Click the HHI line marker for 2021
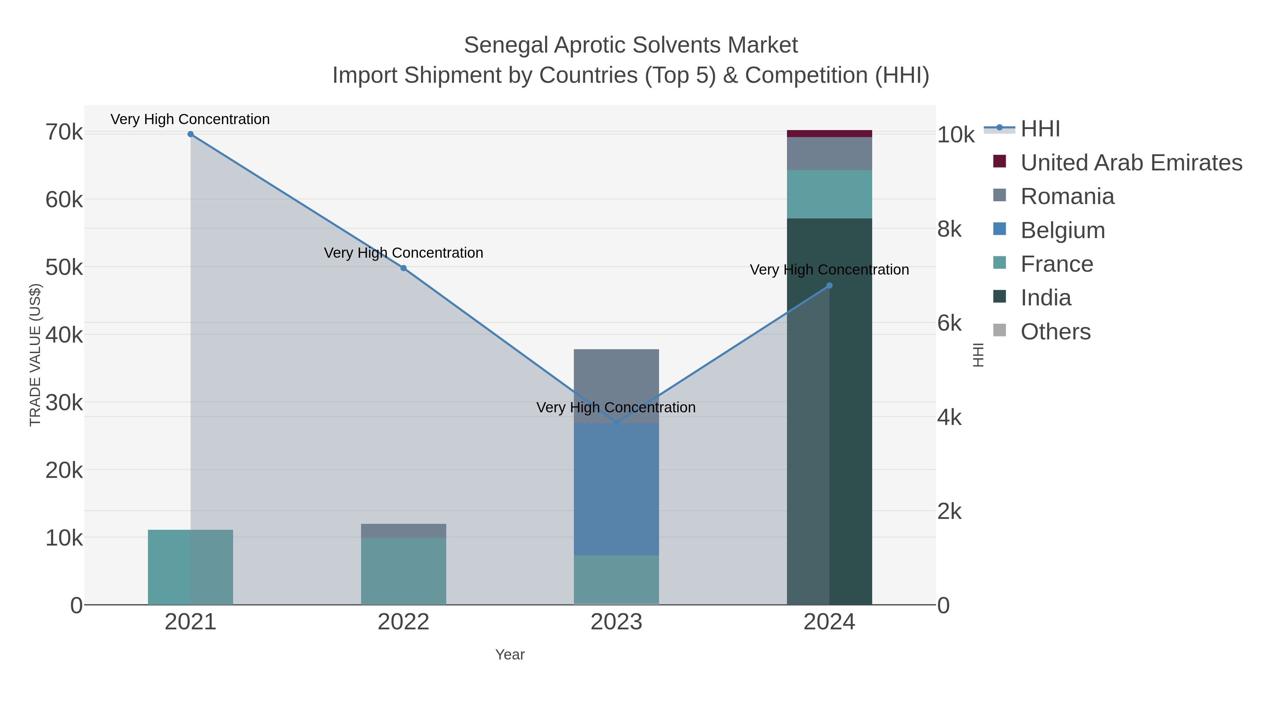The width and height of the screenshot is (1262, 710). [191, 134]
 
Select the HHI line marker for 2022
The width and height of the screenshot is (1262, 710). [404, 268]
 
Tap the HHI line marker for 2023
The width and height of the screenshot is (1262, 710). [616, 423]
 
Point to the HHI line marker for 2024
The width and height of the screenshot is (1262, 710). [829, 286]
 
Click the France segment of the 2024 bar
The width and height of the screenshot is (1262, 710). [829, 194]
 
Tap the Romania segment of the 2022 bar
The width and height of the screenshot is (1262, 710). [404, 531]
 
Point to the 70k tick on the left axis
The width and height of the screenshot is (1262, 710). [64, 132]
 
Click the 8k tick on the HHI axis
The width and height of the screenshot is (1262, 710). [949, 229]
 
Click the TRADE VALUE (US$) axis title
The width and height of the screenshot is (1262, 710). [35, 355]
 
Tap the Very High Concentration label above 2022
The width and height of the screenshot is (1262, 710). [404, 253]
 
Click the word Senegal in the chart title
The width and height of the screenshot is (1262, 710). [506, 45]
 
